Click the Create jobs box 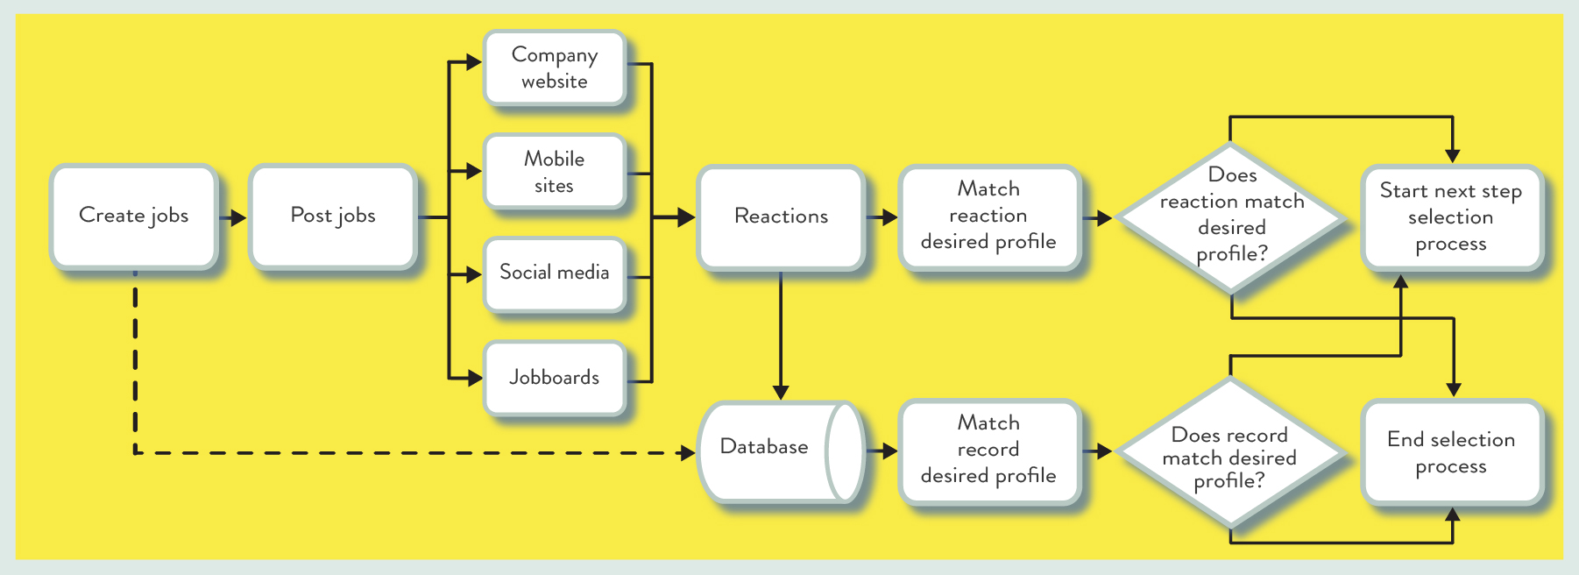point(133,217)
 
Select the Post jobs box point(332,217)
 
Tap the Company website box point(555,68)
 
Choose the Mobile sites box point(555,172)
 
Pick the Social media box point(555,274)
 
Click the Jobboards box point(555,378)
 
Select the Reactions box point(781,217)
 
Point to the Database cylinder point(781,451)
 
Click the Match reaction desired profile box point(989,217)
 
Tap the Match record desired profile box point(989,451)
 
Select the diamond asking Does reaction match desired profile point(1231,217)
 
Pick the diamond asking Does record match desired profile point(1230,452)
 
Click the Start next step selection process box point(1451,217)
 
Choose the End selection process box point(1451,452)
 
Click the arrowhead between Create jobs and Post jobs point(238,217)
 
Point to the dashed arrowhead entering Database point(688,452)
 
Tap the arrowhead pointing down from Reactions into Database point(781,392)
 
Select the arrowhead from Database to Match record point(889,451)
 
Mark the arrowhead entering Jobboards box point(474,379)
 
